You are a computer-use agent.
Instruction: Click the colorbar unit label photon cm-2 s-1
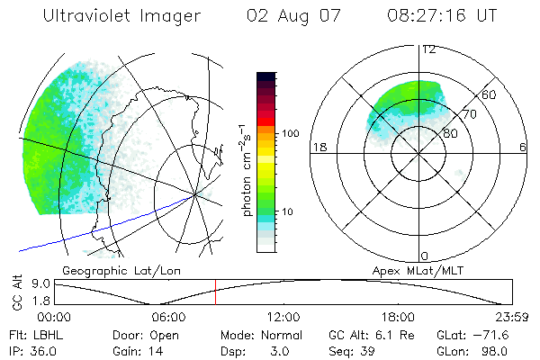point(245,170)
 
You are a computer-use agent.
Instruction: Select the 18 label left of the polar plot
point(318,147)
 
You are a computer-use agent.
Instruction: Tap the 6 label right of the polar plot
point(523,147)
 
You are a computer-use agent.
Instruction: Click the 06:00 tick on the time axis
point(168,317)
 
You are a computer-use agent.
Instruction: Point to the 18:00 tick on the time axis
point(398,317)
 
